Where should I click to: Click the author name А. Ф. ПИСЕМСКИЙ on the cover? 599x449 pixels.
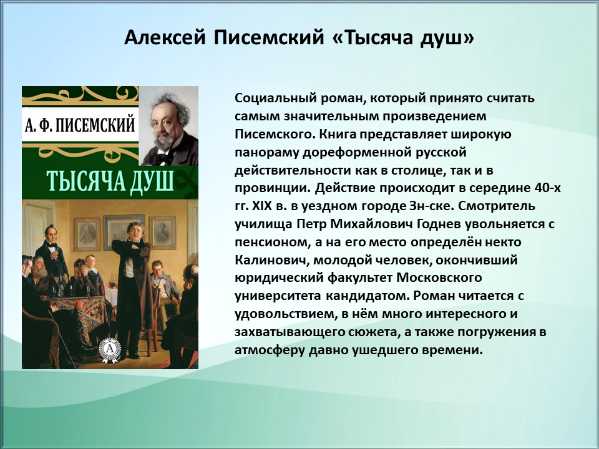pyautogui.click(x=80, y=125)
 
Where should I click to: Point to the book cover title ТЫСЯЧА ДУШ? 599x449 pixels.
pyautogui.click(x=110, y=181)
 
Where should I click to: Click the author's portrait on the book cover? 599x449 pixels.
pyautogui.click(x=168, y=126)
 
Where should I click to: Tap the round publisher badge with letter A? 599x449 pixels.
pyautogui.click(x=110, y=349)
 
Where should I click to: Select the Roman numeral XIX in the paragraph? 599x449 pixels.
pyautogui.click(x=261, y=206)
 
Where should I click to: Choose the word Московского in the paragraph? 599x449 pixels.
pyautogui.click(x=439, y=278)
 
